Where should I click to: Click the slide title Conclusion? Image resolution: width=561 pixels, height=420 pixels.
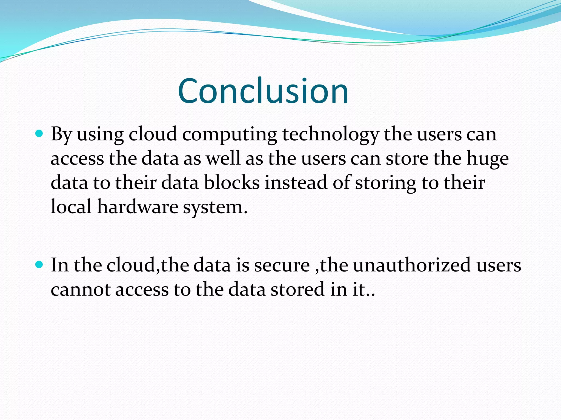point(263,91)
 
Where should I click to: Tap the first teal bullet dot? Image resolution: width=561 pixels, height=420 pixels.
point(39,134)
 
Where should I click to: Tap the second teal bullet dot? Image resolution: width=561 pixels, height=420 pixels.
point(39,264)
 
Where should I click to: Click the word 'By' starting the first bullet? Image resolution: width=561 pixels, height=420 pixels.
point(61,135)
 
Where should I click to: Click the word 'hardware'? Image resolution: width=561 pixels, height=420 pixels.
point(138,207)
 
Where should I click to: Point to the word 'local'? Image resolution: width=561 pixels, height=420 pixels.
point(71,207)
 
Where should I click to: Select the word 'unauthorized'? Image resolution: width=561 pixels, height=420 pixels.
point(412,265)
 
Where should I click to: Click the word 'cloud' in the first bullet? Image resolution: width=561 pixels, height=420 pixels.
point(153,135)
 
